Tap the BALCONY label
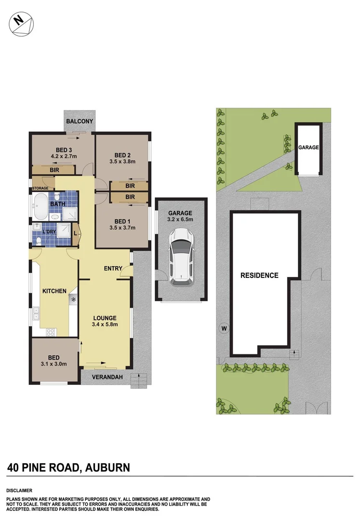pyautogui.click(x=80, y=121)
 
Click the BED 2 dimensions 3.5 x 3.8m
pyautogui.click(x=122, y=161)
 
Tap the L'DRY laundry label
pyautogui.click(x=50, y=232)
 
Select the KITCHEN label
pyautogui.click(x=54, y=291)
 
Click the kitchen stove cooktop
pyautogui.click(x=51, y=332)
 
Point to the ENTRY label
pyautogui.click(x=113, y=268)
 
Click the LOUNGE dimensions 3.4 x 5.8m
pyautogui.click(x=105, y=324)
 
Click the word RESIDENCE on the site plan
pyautogui.click(x=260, y=275)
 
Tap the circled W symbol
pyautogui.click(x=223, y=329)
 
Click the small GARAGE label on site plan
pyautogui.click(x=308, y=147)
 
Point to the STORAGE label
pyautogui.click(x=40, y=188)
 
